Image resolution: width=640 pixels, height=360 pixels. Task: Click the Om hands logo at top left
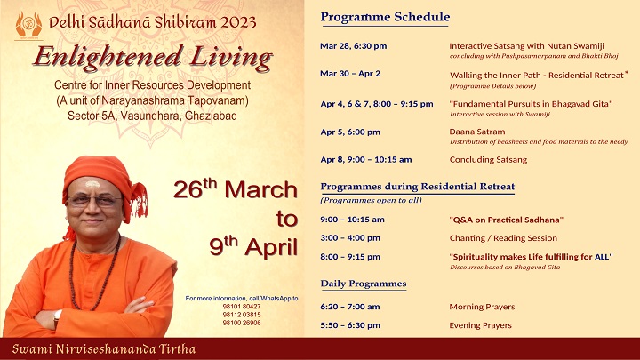coord(28,25)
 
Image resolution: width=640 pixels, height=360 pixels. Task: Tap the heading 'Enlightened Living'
coord(153,57)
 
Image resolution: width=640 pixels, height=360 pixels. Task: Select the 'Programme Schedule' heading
coord(385,17)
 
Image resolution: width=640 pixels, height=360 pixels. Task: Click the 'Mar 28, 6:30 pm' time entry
coord(353,46)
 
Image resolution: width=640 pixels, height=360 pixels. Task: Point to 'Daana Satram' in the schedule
coord(477,132)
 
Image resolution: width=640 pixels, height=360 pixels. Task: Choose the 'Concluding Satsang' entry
coord(488,160)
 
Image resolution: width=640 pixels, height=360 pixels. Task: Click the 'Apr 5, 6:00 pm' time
coord(350,132)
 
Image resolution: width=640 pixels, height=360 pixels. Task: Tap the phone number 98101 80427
coord(242,307)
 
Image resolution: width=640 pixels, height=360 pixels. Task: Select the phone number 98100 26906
coord(242,323)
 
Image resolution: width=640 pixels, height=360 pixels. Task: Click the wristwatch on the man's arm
coord(57,318)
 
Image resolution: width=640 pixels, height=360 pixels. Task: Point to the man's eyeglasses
coord(94,200)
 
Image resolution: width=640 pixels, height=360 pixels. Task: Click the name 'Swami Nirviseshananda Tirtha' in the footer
coord(104,349)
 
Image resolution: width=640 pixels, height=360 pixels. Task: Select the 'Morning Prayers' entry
coord(482,307)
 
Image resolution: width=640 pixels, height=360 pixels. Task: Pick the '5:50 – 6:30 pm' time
coord(350,325)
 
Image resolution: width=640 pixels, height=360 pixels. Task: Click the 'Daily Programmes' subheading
coord(364,284)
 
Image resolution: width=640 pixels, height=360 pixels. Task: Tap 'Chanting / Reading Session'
coord(503,238)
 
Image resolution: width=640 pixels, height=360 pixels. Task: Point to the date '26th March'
coord(236,189)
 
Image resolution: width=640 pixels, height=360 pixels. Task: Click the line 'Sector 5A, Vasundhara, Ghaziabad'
coord(152,116)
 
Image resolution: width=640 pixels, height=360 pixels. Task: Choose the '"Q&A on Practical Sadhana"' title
coord(507,220)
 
